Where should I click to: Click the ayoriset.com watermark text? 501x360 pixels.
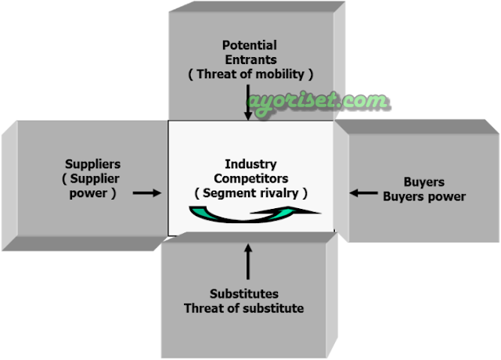point(317,100)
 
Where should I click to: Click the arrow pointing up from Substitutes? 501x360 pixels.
point(250,262)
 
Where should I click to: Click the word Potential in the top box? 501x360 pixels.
point(249,45)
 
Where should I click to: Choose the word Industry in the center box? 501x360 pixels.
point(250,164)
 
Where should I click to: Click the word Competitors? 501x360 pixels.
point(250,178)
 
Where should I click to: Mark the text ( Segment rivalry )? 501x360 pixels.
point(250,193)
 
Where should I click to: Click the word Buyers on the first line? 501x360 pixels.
point(425,182)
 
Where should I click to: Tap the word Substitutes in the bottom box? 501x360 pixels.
point(243,294)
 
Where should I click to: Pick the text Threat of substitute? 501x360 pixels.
point(243,308)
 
